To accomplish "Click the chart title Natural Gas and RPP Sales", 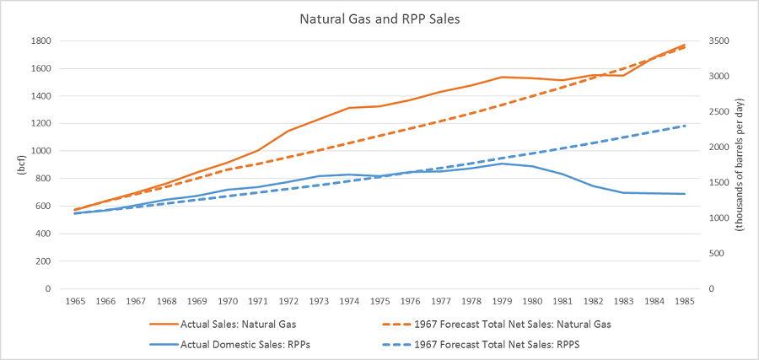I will tap(379, 19).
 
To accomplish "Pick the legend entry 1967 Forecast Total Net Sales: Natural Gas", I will tap(512, 324).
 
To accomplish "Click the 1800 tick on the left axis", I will tap(40, 41).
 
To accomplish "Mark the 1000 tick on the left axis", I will tap(40, 151).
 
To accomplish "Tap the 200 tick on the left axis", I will tap(43, 261).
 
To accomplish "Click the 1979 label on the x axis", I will tap(503, 300).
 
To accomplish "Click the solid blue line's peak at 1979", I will tap(503, 164).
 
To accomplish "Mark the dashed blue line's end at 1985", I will tap(684, 126).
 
